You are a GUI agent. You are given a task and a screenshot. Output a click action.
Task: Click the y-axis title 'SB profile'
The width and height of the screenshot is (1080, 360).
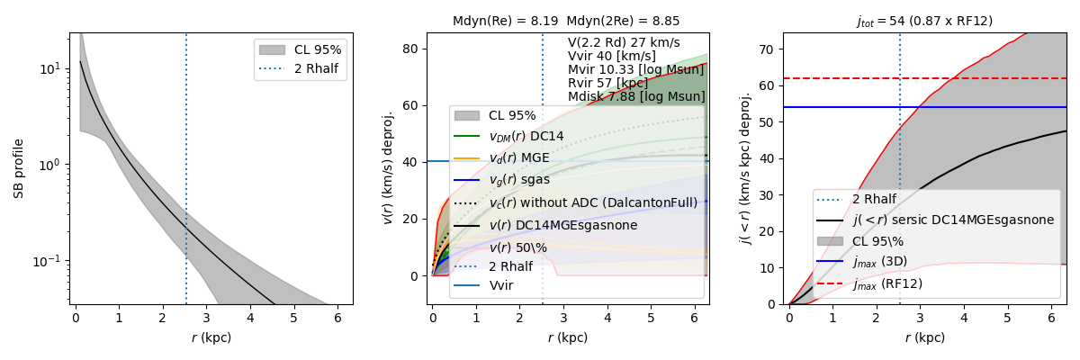pyautogui.click(x=18, y=169)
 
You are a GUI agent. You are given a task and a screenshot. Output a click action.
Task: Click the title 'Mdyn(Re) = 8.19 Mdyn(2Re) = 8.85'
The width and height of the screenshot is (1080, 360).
pyautogui.click(x=566, y=21)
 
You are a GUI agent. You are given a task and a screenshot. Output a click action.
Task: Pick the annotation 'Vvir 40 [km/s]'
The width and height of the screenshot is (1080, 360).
pyautogui.click(x=612, y=56)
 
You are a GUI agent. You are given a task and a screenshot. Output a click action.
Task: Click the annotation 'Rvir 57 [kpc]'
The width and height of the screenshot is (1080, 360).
pyautogui.click(x=607, y=83)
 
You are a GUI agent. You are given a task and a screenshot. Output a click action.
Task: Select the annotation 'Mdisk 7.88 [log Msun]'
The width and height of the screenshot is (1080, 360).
pyautogui.click(x=636, y=96)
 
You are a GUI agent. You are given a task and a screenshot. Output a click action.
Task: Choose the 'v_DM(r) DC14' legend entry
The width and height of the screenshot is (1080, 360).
pyautogui.click(x=526, y=137)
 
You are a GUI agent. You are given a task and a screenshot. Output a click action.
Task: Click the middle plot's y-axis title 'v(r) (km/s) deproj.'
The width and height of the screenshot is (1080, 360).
pyautogui.click(x=389, y=169)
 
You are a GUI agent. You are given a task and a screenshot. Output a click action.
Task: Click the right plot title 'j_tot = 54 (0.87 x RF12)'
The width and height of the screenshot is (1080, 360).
pyautogui.click(x=923, y=21)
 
